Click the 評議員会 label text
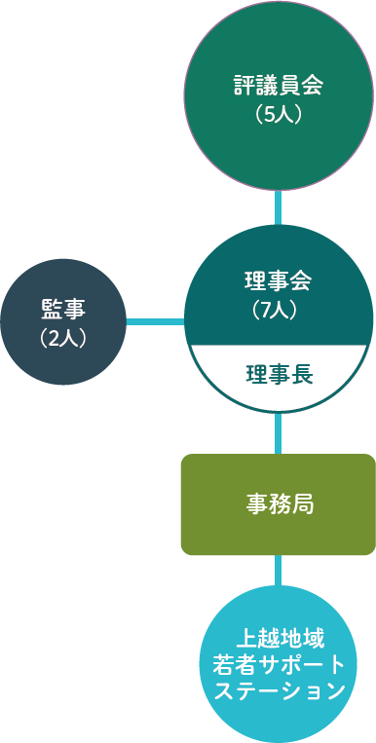tap(279, 85)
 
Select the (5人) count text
tap(279, 113)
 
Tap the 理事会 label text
tap(279, 282)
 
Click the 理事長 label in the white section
tap(279, 374)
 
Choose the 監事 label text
tap(63, 310)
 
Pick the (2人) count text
tap(63, 337)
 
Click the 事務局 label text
tap(279, 503)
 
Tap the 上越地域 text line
tap(279, 638)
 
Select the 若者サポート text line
tap(279, 664)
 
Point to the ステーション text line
tap(279, 691)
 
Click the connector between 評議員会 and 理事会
tap(279, 207)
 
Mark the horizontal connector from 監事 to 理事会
tap(155, 321)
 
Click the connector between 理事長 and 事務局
tap(279, 433)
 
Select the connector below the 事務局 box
tap(279, 571)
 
